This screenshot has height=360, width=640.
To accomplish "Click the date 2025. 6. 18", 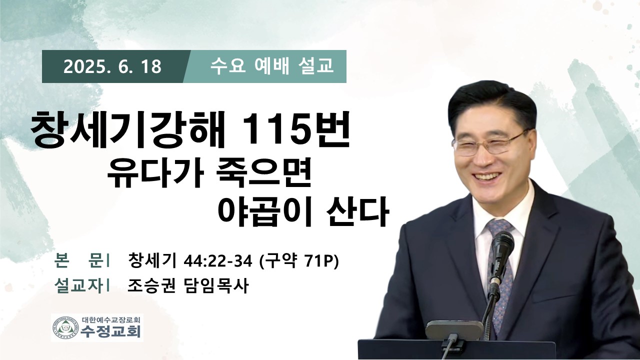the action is (x=112, y=67).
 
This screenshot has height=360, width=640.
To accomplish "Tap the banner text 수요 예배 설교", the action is (x=271, y=66).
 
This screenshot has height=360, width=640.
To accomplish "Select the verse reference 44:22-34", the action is (x=217, y=261).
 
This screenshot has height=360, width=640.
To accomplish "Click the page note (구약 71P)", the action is (x=298, y=261).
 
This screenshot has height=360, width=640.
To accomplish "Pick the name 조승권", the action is (x=151, y=285).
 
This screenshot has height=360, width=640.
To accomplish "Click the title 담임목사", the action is (x=215, y=285).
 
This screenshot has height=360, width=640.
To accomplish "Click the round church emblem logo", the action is (x=66, y=327).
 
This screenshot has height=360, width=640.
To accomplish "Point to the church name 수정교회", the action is (x=110, y=331).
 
